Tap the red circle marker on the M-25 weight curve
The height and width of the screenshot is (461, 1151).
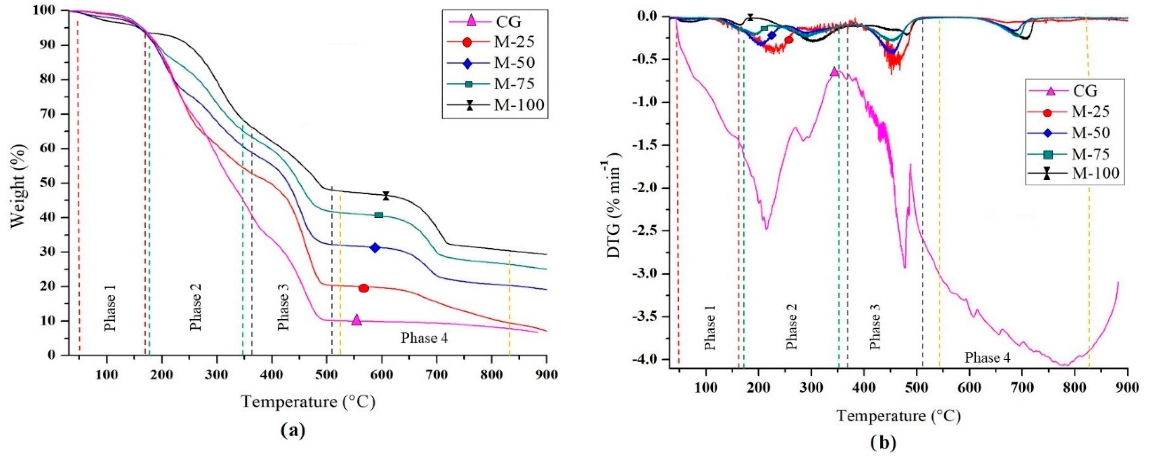pos(364,288)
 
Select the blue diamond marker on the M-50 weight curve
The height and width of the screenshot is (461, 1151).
pos(375,248)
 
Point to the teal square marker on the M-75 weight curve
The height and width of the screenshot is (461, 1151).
pos(379,215)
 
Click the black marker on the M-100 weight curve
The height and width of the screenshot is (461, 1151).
pos(386,196)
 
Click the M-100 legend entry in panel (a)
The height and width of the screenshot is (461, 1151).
pos(518,105)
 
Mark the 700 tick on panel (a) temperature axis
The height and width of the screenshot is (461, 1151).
pos(437,374)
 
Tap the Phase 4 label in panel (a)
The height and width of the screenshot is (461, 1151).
pos(424,339)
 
